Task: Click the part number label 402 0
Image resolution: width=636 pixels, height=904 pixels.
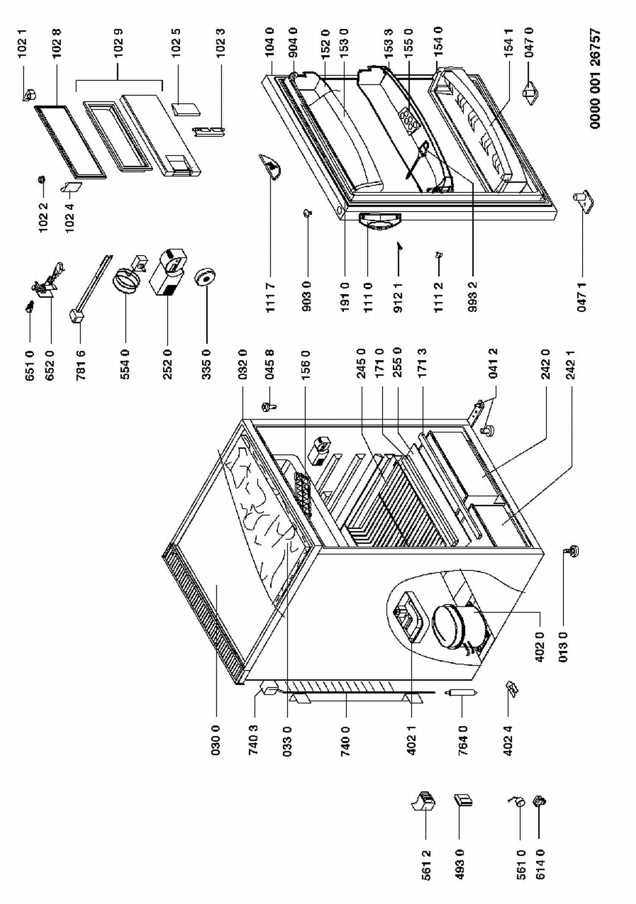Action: point(539,647)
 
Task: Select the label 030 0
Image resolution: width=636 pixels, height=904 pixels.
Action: point(216,740)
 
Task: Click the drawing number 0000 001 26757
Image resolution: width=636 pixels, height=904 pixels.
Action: point(595,78)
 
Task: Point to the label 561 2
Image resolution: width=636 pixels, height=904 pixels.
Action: point(426,865)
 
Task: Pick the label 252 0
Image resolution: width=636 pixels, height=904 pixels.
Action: point(167,364)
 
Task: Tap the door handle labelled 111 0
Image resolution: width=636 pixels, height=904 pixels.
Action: point(379,221)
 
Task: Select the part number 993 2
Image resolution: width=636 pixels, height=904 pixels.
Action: point(473,297)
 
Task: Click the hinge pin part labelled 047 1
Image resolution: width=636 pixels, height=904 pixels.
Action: point(583,201)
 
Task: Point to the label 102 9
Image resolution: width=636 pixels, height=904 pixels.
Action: point(118,43)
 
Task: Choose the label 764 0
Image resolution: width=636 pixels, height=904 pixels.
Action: point(463,740)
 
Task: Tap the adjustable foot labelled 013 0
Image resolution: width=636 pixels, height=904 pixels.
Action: point(573,551)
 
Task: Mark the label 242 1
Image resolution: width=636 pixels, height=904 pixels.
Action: point(570,364)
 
